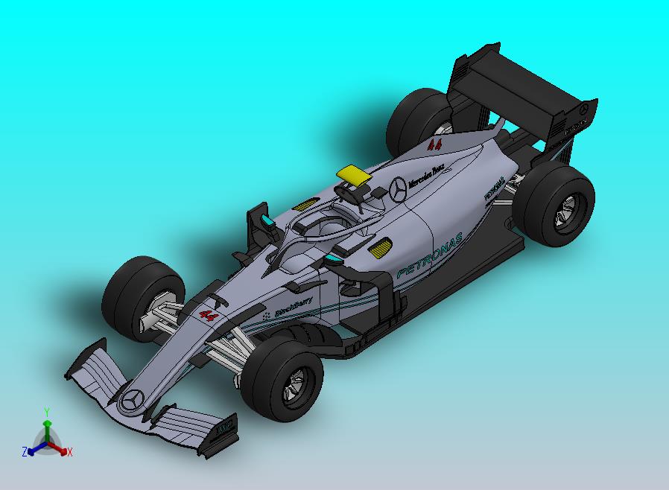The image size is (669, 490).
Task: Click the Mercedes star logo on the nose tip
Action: click(134, 400)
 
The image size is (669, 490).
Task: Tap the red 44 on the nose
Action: click(209, 316)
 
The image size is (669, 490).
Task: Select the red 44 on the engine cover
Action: click(435, 144)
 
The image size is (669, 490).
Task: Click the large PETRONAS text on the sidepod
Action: click(430, 255)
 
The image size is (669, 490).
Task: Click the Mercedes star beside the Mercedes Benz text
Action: click(398, 190)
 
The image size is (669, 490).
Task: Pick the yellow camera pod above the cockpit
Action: click(354, 174)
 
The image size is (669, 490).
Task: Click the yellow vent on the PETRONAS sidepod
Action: click(380, 248)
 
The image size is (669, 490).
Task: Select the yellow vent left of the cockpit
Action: click(304, 204)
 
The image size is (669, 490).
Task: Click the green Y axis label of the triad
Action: click(46, 411)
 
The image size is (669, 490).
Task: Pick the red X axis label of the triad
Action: click(69, 451)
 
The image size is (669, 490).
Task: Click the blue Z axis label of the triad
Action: click(25, 451)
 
